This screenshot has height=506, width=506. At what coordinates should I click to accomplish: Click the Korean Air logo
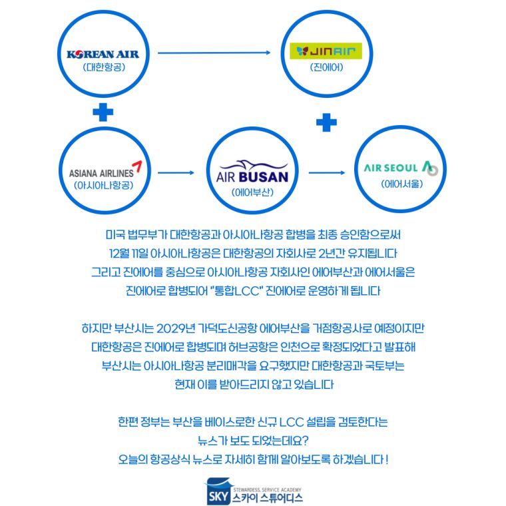[x=103, y=54]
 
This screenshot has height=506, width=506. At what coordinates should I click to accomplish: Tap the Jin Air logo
[x=326, y=51]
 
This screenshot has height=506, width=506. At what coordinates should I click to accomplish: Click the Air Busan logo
[x=252, y=172]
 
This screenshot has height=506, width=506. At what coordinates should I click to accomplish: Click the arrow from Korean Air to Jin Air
[x=214, y=53]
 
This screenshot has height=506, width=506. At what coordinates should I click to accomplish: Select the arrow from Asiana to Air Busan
[x=176, y=172]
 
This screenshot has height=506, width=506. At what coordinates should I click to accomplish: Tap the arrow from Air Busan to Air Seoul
[x=327, y=172]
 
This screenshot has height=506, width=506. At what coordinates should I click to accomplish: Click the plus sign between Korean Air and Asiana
[x=103, y=112]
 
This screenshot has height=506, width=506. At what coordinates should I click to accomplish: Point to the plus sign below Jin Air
[x=326, y=123]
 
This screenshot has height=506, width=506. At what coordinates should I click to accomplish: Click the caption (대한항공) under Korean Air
[x=104, y=67]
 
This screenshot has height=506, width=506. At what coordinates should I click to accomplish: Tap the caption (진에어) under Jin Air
[x=327, y=67]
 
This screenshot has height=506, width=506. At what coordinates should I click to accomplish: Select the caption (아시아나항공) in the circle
[x=103, y=185]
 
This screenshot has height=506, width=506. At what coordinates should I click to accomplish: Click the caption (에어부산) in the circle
[x=252, y=192]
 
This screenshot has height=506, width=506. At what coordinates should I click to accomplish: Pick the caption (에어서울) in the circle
[x=401, y=184]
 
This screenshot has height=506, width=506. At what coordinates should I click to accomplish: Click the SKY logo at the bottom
[x=218, y=491]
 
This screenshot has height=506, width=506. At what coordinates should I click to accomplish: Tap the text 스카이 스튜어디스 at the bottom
[x=268, y=498]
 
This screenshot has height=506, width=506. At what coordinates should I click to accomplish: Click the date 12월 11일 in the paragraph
[x=128, y=253]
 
